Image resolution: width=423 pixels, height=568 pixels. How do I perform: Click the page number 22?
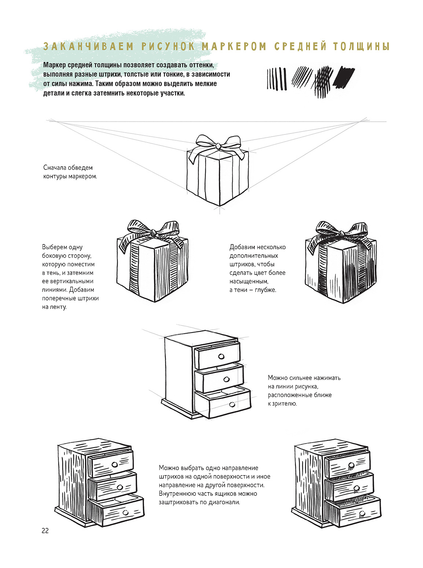(45, 531)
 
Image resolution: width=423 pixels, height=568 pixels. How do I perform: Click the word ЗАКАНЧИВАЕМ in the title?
(88, 47)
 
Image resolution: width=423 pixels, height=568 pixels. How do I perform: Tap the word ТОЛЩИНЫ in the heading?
(361, 47)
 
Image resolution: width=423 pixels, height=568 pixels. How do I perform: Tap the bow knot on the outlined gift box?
(218, 146)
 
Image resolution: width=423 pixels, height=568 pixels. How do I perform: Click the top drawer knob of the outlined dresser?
(221, 357)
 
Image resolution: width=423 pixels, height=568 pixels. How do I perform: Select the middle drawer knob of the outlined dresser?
(226, 380)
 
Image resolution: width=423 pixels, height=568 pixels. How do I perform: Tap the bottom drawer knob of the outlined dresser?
(232, 404)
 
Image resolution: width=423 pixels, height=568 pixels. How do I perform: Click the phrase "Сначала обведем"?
(68, 168)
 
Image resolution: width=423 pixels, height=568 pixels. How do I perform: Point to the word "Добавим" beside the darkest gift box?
(242, 247)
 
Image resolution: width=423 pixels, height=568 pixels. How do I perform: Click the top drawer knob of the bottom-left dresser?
(114, 465)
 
